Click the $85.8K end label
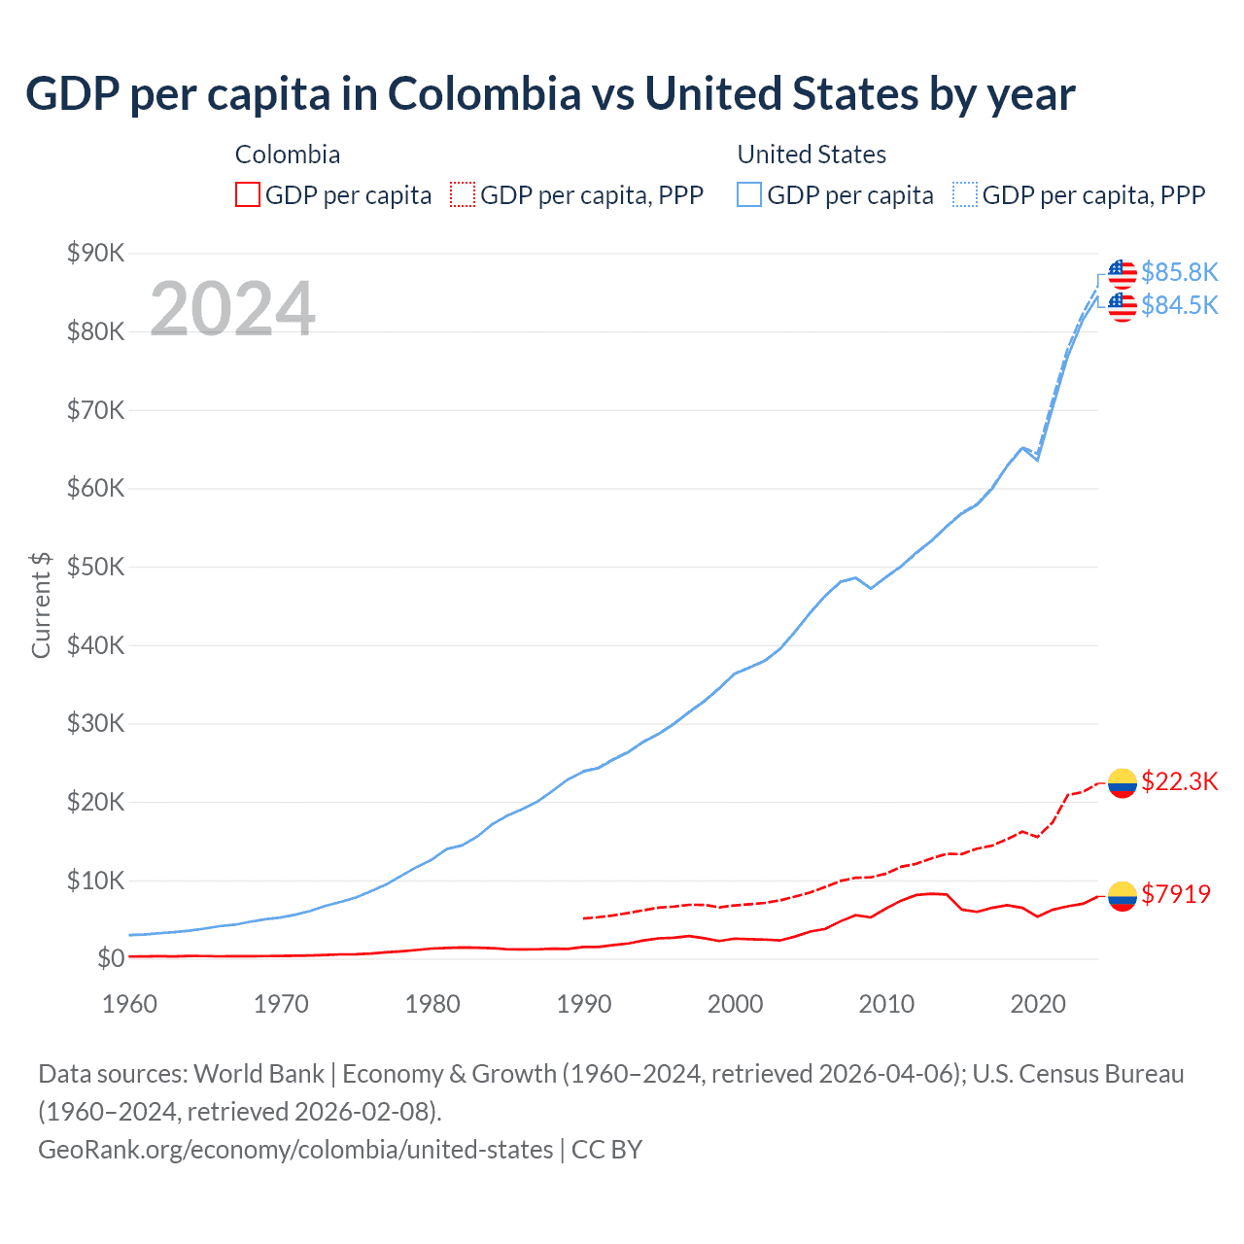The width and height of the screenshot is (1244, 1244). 1179,272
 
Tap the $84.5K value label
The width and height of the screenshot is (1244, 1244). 1179,305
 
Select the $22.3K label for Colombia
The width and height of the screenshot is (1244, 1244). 1179,781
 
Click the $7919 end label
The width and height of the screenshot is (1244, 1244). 1176,894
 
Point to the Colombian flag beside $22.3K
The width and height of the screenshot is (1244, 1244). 1123,782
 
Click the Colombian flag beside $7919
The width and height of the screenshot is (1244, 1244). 1123,895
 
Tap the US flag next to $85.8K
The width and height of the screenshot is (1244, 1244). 1123,274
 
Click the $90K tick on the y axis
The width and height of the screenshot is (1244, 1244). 95,254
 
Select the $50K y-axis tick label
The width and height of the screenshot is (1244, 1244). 95,568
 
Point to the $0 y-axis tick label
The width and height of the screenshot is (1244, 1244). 111,959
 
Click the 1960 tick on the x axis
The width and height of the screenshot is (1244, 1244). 129,1004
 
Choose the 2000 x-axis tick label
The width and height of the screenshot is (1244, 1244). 735,1004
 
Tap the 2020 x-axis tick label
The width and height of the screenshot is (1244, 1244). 1038,1004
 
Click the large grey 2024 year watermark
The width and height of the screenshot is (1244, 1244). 232,309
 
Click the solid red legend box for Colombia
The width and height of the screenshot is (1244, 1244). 248,195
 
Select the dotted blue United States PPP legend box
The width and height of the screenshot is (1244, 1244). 965,195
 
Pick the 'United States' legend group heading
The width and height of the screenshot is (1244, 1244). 812,155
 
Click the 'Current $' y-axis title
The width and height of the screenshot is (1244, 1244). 41,605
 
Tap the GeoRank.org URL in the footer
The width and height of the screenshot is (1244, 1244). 295,1150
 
